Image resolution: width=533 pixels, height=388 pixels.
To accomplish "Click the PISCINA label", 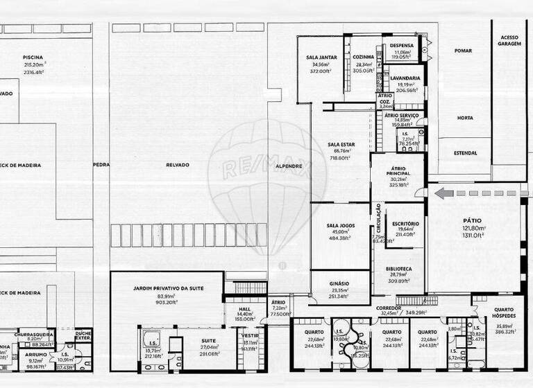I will (x=33, y=58).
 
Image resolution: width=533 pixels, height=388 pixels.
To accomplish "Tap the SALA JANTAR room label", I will (x=321, y=58).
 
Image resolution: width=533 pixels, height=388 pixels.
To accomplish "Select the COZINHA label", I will (x=363, y=58).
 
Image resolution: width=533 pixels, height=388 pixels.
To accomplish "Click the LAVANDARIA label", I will (x=406, y=78).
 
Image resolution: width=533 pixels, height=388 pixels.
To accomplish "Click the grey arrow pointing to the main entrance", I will (x=443, y=193).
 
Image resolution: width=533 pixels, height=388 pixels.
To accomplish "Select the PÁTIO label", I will (x=475, y=221).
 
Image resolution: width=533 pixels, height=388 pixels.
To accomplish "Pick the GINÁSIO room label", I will (x=339, y=283).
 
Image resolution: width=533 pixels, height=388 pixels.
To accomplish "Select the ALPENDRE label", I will (x=288, y=166).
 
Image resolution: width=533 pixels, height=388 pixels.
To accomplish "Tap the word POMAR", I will (x=463, y=51).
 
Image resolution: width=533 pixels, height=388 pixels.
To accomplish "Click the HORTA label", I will (x=464, y=118).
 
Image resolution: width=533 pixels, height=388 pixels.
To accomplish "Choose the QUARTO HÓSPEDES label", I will (x=504, y=313).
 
